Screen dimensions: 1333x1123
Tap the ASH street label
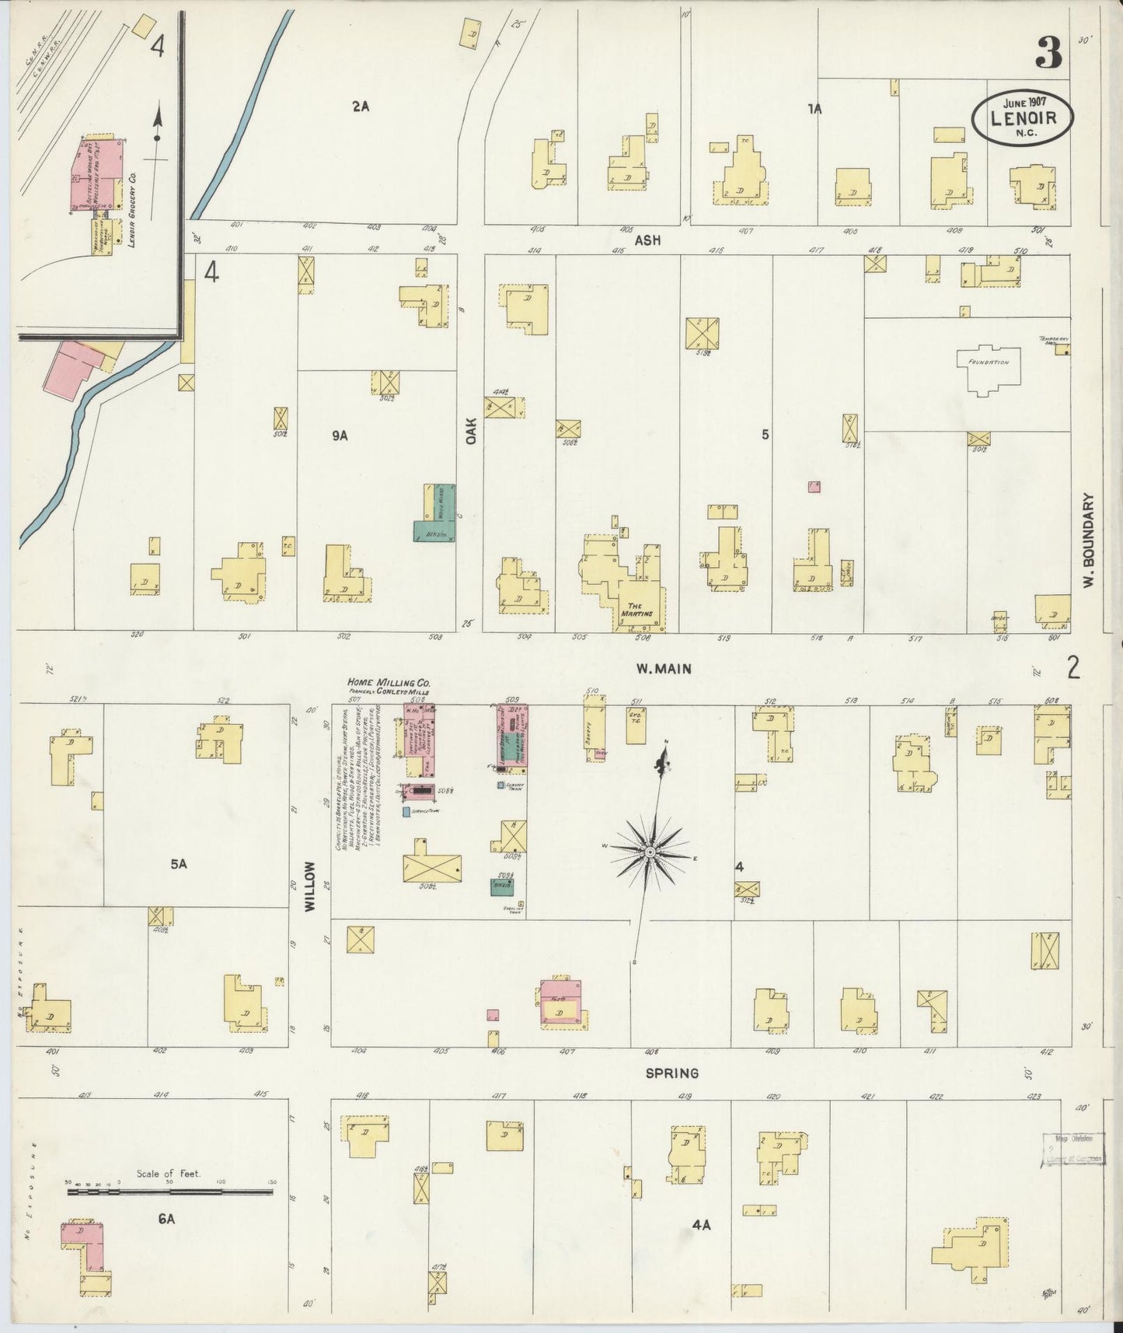click(647, 241)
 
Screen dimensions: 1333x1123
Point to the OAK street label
click(471, 429)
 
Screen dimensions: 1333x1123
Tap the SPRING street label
click(671, 1073)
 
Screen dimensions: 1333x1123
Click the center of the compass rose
click(650, 854)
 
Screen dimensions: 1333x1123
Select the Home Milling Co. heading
click(389, 683)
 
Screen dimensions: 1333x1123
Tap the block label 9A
click(339, 436)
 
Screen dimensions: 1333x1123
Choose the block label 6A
click(166, 1219)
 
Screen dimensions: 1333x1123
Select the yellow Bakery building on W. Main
click(595, 727)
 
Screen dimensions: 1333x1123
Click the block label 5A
click(179, 863)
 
